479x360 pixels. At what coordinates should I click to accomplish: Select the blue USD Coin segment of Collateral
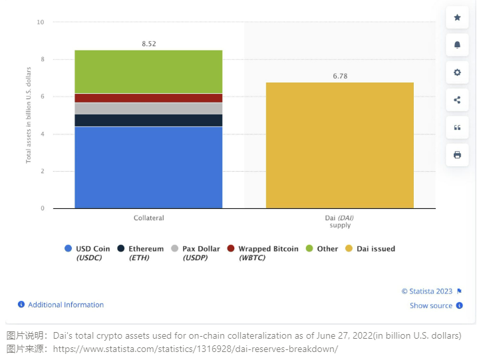tap(148, 167)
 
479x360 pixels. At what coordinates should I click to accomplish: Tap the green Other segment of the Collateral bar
tap(148, 72)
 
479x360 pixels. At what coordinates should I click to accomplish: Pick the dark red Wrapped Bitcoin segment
tap(148, 98)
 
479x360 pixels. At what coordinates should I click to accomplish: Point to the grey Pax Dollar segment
tap(148, 108)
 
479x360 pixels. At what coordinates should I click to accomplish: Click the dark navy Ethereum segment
tap(148, 120)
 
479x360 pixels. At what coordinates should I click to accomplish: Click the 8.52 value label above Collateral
tap(148, 44)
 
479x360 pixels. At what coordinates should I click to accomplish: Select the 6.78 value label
tap(340, 76)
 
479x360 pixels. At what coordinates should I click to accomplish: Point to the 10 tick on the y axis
tap(41, 22)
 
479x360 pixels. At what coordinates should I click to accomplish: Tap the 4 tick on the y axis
tap(42, 134)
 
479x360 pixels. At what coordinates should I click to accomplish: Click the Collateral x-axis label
tap(148, 218)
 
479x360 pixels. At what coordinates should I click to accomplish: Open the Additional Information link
tap(65, 305)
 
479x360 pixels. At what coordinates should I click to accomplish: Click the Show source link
tap(430, 305)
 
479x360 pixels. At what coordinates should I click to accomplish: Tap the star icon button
tap(457, 17)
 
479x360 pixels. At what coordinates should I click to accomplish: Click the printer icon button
tap(457, 155)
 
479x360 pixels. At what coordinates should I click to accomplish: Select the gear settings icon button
tap(457, 73)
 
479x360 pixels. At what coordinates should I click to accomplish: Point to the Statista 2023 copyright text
tap(427, 291)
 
